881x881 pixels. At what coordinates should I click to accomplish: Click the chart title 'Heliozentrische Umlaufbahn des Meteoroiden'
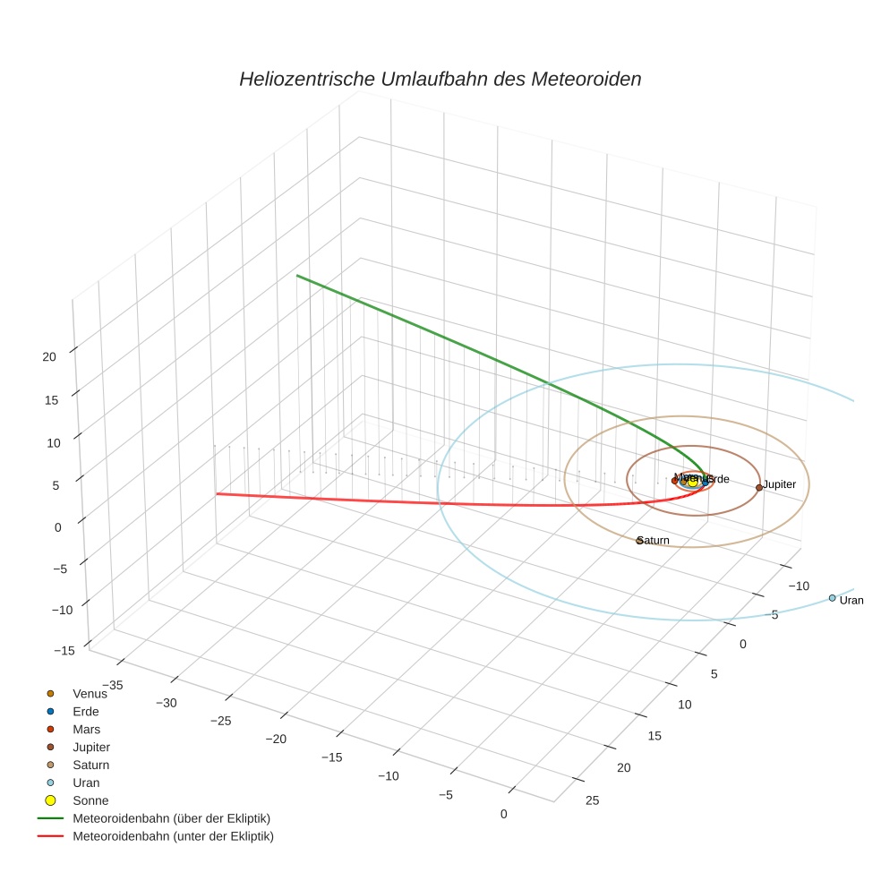tap(440, 79)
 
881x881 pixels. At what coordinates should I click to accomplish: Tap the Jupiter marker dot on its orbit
tap(759, 487)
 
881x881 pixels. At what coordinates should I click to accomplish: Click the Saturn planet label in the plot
tap(654, 541)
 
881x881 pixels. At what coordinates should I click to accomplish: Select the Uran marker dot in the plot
tap(832, 598)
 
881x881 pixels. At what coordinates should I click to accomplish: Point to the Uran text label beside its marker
tap(851, 601)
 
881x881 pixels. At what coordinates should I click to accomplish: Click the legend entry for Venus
tap(90, 693)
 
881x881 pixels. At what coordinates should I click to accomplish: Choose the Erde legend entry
tap(86, 711)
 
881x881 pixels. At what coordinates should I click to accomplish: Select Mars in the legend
tap(87, 729)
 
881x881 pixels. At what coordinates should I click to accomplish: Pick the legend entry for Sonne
tap(90, 800)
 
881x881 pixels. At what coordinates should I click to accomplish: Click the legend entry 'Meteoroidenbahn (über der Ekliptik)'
tap(171, 818)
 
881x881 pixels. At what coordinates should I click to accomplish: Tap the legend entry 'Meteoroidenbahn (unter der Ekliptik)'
tap(173, 836)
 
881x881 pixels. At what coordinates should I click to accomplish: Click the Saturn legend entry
tap(91, 765)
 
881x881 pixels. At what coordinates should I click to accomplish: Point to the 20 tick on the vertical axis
tap(48, 356)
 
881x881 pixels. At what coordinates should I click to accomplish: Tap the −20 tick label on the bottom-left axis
tap(277, 739)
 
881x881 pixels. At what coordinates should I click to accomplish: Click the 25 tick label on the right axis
tap(592, 800)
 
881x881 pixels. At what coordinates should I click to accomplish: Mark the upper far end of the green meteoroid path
tap(298, 276)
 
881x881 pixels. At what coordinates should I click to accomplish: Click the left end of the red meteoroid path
tap(216, 493)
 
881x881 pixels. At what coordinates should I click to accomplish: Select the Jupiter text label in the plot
tap(780, 484)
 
